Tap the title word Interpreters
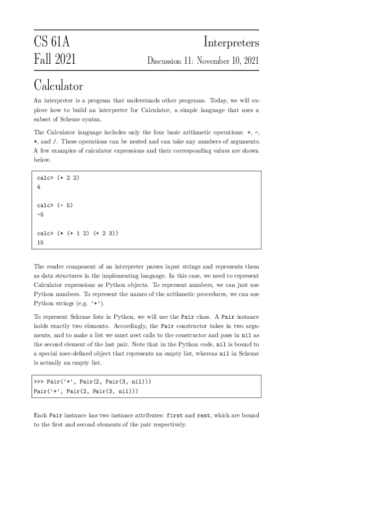231,43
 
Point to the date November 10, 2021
228,61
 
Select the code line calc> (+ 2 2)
58,178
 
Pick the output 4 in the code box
39,187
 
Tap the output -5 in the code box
41,215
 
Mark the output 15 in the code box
40,243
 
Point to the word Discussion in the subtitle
164,61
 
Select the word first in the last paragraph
175,415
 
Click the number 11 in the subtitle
188,61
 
